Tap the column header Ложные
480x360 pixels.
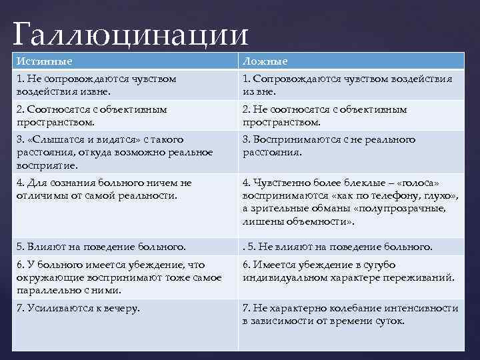265,61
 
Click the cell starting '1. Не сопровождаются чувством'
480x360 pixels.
97,85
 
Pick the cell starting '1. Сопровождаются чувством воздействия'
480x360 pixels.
347,85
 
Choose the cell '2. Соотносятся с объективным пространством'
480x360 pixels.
92,115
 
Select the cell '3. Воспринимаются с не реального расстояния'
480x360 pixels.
329,145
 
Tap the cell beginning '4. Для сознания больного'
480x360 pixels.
104,189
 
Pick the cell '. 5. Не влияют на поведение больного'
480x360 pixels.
337,247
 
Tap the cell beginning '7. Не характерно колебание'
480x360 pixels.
350,314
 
